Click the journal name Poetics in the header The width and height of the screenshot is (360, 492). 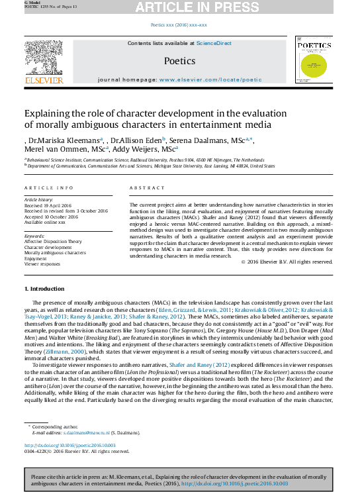pyautogui.click(x=179, y=61)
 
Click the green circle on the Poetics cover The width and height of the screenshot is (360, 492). pyautogui.click(x=313, y=66)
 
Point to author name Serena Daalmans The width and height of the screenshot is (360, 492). pyautogui.click(x=195, y=140)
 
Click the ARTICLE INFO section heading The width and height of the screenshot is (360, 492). pyautogui.click(x=49, y=188)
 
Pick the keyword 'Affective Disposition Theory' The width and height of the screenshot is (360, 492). pyautogui.click(x=53, y=242)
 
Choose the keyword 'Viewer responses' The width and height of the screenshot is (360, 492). pyautogui.click(x=42, y=263)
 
